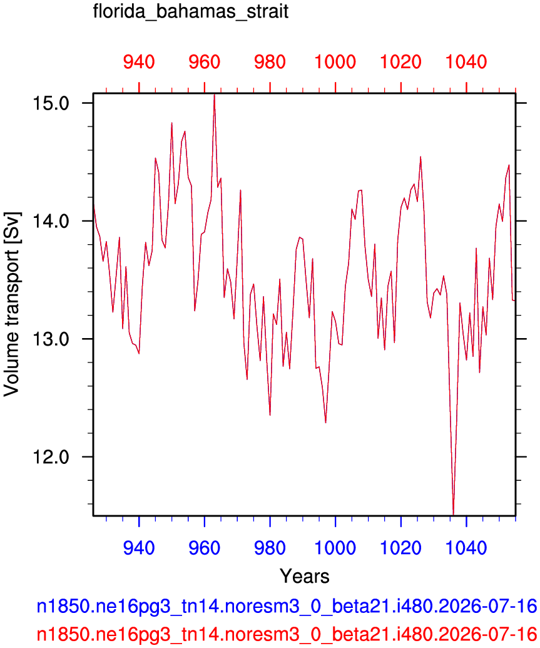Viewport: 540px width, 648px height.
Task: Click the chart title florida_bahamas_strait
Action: click(x=190, y=11)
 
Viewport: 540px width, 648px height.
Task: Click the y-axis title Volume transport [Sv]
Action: click(x=11, y=304)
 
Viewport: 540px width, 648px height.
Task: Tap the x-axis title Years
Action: click(x=305, y=575)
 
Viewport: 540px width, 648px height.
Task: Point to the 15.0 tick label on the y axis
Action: click(x=51, y=103)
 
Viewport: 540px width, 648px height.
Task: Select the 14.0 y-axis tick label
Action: click(x=51, y=221)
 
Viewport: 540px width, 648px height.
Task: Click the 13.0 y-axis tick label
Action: click(x=51, y=339)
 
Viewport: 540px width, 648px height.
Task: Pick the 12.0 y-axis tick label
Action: click(x=51, y=457)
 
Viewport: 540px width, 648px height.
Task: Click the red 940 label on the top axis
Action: click(x=140, y=62)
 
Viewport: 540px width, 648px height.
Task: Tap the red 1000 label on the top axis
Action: click(x=335, y=62)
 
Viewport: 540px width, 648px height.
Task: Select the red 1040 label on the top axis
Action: click(x=466, y=62)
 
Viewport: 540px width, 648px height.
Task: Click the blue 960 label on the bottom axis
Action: click(x=205, y=548)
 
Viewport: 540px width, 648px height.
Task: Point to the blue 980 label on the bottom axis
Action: click(x=270, y=548)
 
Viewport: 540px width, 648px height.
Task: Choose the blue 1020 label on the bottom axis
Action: click(x=400, y=548)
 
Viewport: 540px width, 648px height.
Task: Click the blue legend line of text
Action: click(x=287, y=606)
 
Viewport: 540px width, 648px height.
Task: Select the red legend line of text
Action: click(x=287, y=634)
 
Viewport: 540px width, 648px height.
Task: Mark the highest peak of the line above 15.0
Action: click(x=214, y=95)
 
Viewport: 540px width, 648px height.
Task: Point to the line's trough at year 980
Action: click(x=270, y=415)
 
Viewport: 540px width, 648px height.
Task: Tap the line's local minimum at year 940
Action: click(x=140, y=354)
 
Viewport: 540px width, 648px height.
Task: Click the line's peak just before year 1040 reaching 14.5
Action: click(x=420, y=157)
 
